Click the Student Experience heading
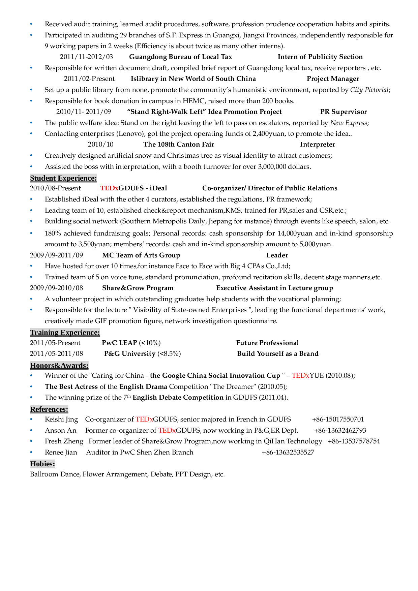tap(63, 178)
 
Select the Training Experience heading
tap(65, 333)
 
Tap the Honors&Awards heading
tap(59, 366)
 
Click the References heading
tap(49, 409)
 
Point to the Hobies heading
tap(42, 464)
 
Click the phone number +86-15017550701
tap(338, 419)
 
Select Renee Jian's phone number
tap(288, 452)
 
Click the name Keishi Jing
tap(61, 419)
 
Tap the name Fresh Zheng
tap(64, 441)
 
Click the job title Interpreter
tap(317, 145)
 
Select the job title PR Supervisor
tap(343, 112)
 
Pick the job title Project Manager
tap(333, 79)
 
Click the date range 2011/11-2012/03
tap(86, 57)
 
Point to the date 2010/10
tap(100, 145)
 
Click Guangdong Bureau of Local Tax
tap(180, 57)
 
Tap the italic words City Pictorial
tap(369, 90)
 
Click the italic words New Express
tap(349, 123)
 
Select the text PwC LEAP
tap(119, 343)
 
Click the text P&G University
tap(130, 354)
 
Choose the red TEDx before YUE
tap(300, 376)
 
